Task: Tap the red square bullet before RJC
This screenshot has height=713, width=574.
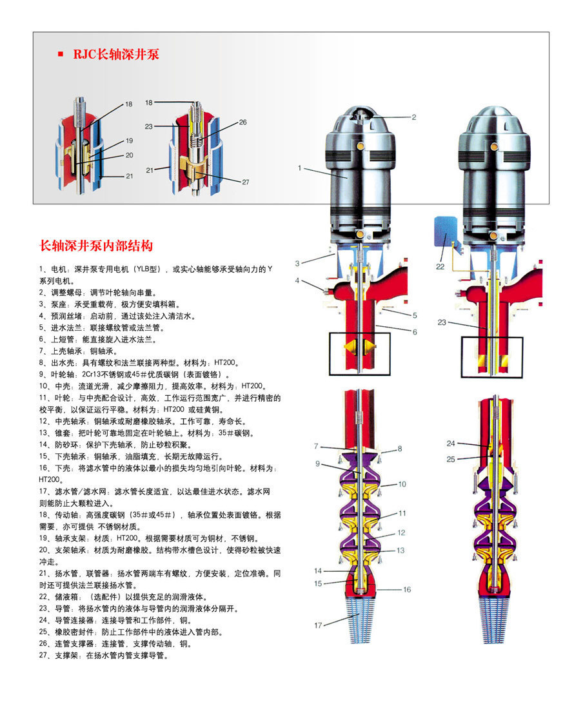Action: click(61, 54)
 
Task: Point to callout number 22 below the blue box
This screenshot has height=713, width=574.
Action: click(440, 266)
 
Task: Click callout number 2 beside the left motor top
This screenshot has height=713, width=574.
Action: click(414, 117)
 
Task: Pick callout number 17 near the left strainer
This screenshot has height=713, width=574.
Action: click(318, 625)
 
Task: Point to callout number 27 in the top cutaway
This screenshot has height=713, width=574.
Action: click(245, 182)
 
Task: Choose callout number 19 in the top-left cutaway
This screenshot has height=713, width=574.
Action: click(129, 141)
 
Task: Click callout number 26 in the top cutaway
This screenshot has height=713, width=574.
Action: click(242, 122)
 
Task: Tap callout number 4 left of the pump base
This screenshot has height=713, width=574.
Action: click(298, 280)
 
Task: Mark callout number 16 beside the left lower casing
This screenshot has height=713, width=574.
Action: click(407, 589)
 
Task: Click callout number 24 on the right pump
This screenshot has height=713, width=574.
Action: click(451, 444)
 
